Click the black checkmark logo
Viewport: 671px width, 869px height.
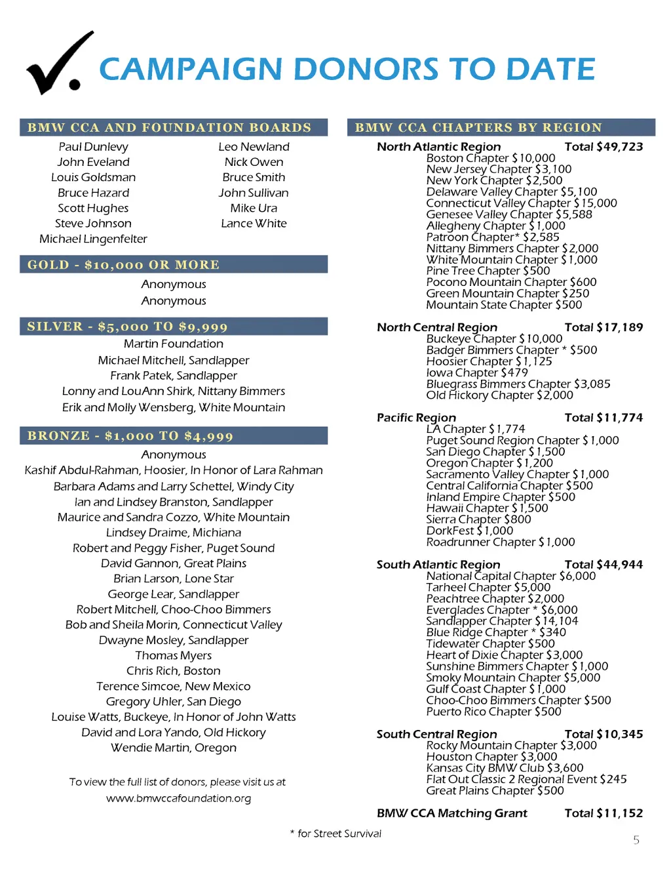tap(59, 64)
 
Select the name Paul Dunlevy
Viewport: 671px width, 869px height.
tap(93, 147)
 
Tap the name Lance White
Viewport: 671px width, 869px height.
tap(254, 224)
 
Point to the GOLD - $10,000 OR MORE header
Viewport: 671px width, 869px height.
tap(123, 265)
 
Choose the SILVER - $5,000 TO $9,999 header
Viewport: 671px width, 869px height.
tap(127, 327)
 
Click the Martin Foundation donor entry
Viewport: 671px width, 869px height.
tap(174, 344)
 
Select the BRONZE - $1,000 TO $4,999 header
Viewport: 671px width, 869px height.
tap(130, 436)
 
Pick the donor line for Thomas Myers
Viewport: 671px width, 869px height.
tap(174, 656)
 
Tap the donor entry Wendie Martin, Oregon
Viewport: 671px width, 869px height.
tap(174, 748)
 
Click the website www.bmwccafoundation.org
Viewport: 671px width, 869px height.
tap(178, 798)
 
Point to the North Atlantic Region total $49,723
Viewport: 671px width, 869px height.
tap(604, 147)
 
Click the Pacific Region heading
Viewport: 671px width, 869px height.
tap(416, 418)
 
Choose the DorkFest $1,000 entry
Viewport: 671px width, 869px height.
tap(469, 531)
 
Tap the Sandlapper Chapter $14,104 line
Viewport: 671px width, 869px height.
tap(502, 621)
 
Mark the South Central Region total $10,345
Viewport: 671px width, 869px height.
tap(604, 735)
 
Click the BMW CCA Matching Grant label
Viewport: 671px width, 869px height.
tap(451, 813)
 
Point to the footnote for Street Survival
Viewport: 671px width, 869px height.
tap(335, 834)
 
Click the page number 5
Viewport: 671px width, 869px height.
tap(636, 840)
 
